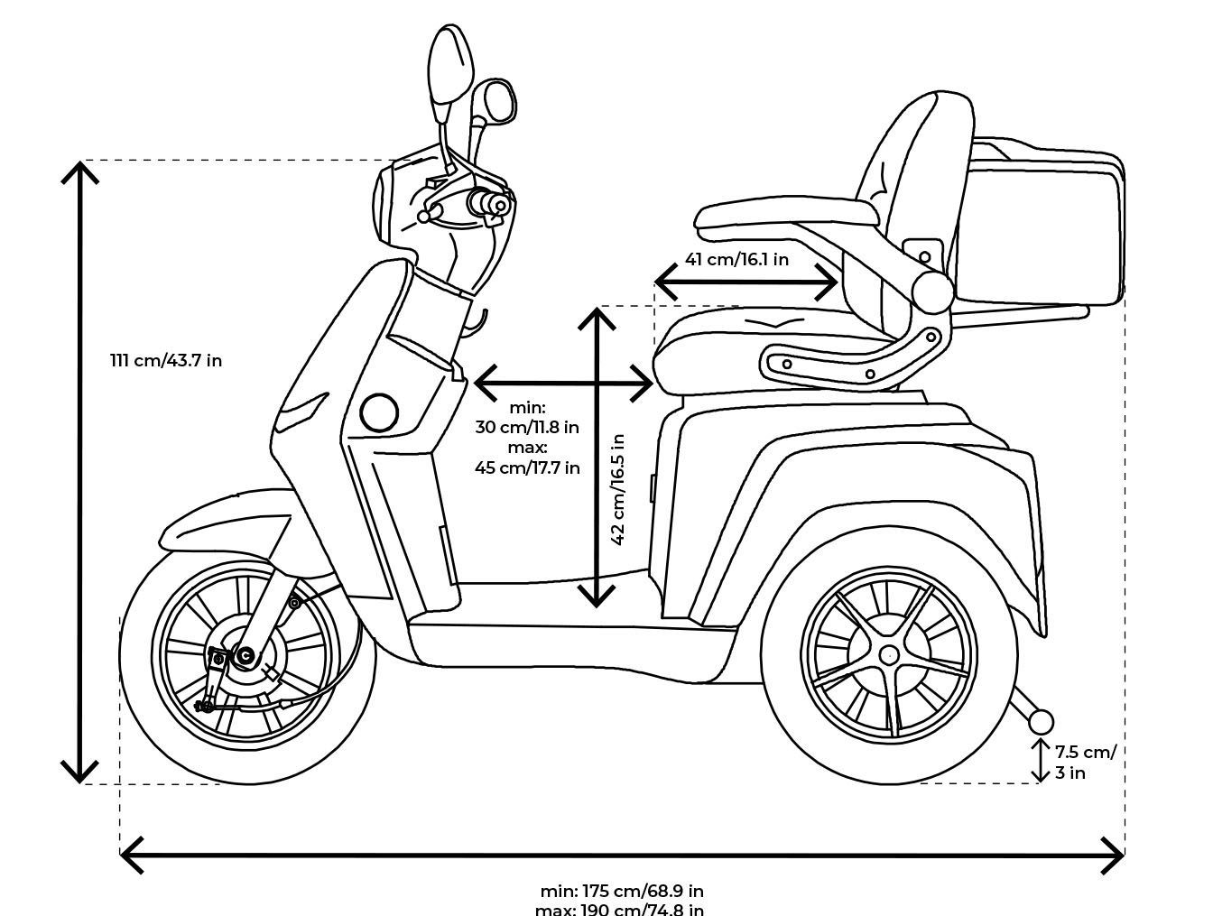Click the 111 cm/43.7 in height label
pyautogui.click(x=166, y=360)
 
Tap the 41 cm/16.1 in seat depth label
pyautogui.click(x=736, y=260)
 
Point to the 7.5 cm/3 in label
pyautogui.click(x=1084, y=761)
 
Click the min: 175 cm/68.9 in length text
pyautogui.click(x=622, y=892)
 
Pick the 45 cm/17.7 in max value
pyautogui.click(x=527, y=467)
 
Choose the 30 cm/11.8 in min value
pyautogui.click(x=527, y=426)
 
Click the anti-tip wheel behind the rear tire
pyautogui.click(x=1041, y=722)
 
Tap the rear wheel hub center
pyautogui.click(x=889, y=655)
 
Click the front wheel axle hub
pyautogui.click(x=245, y=656)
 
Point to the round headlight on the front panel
pyautogui.click(x=379, y=412)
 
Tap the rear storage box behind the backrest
pyautogui.click(x=1042, y=226)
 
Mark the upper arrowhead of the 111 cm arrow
pyautogui.click(x=80, y=171)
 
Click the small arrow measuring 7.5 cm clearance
pyautogui.click(x=1042, y=761)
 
